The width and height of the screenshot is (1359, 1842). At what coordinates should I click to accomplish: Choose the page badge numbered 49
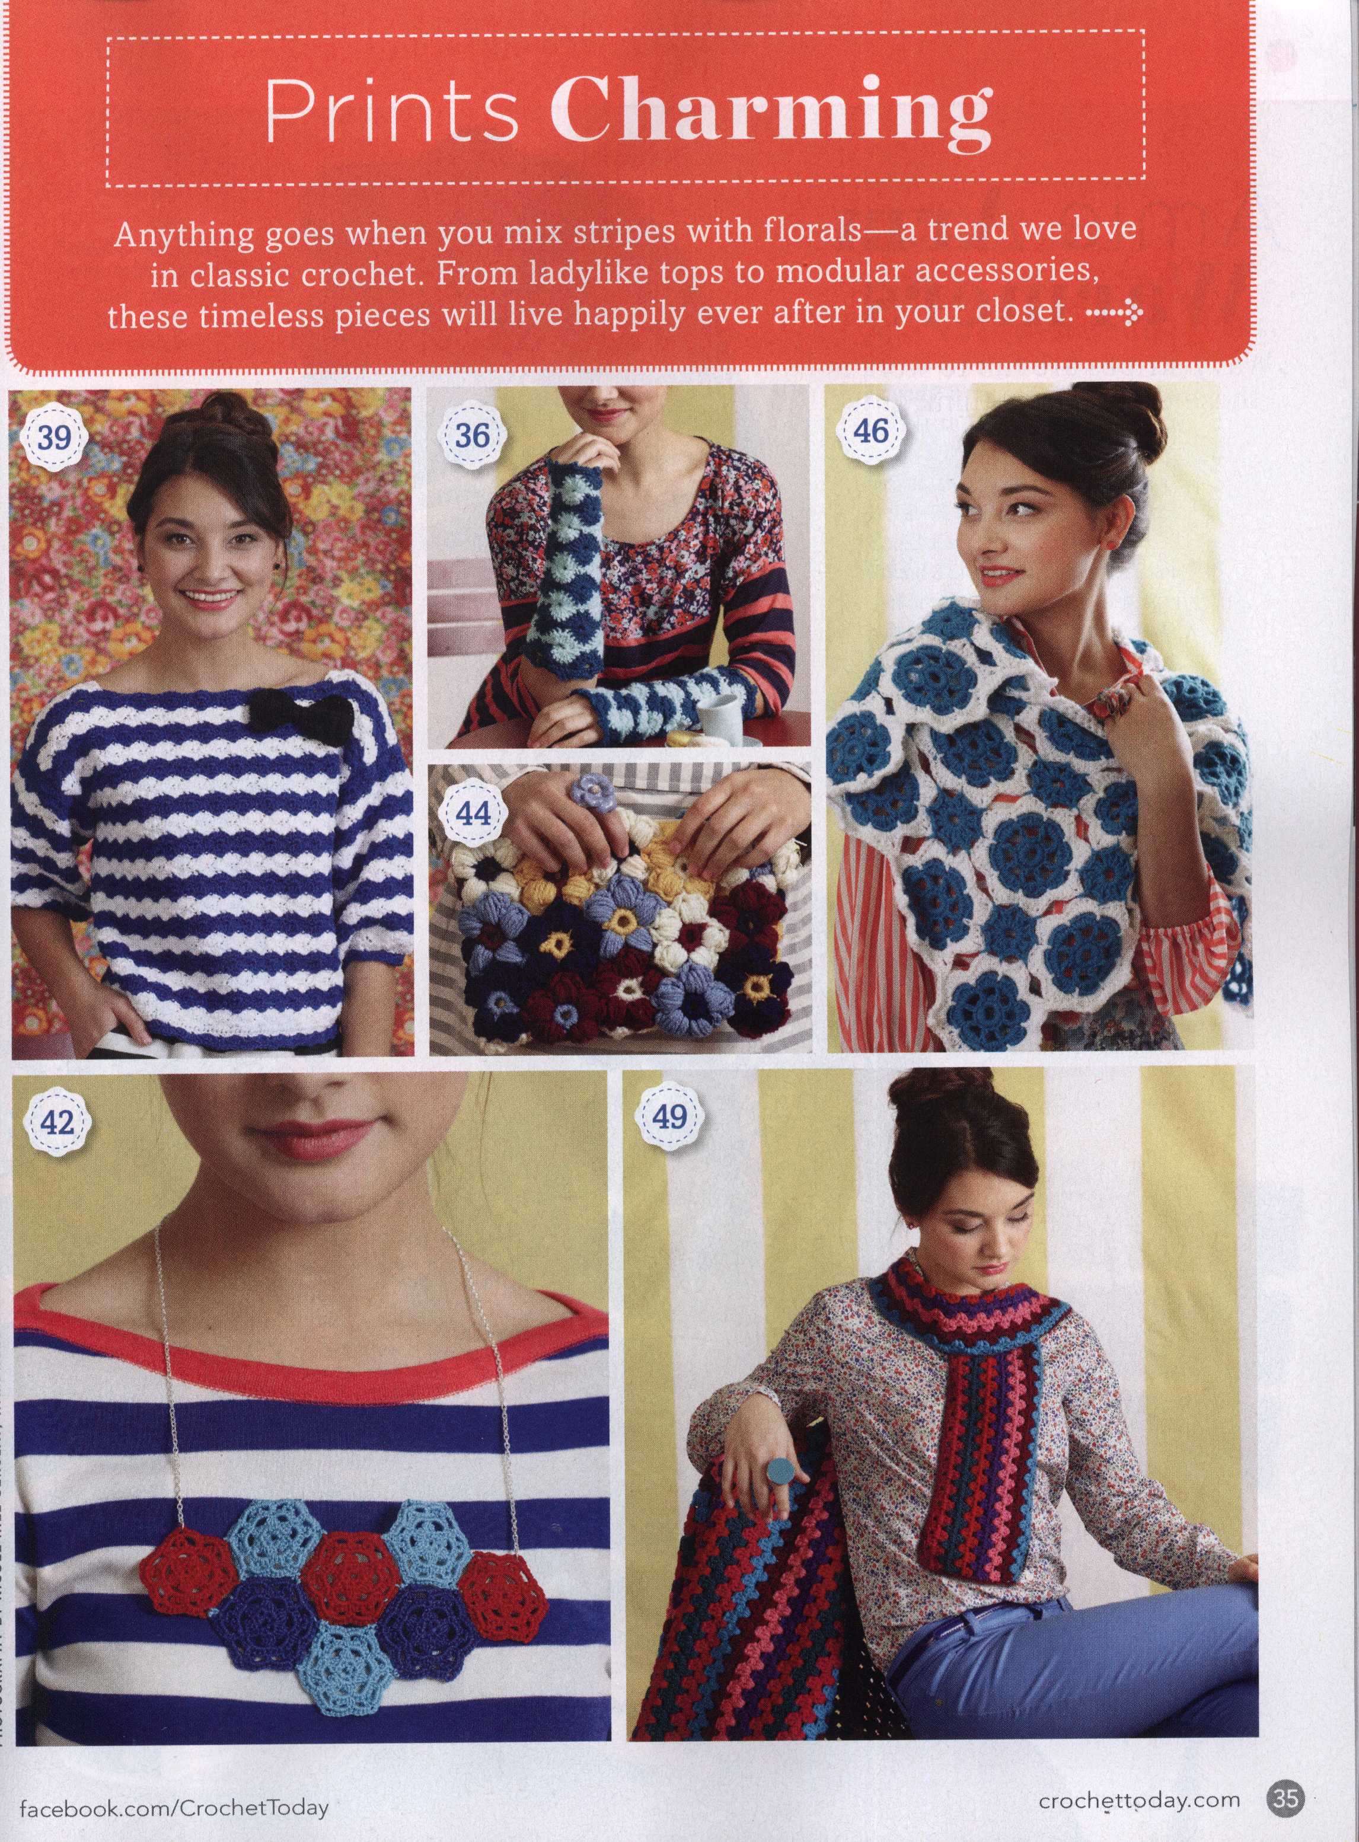click(668, 1118)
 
